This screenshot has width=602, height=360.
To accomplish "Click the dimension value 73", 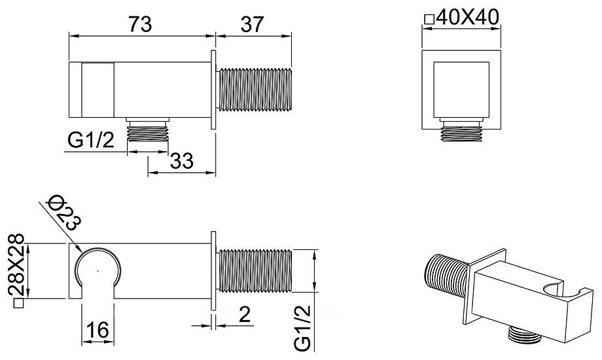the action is coord(140,24).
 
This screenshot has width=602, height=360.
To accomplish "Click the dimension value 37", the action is coord(252,24).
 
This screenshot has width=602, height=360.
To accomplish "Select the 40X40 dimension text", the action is coord(468,17).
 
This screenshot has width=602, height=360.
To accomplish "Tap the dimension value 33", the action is coord(182,160).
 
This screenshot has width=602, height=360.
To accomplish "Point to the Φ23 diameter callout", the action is coord(63,213).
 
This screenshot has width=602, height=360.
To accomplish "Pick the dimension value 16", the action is coord(97,330).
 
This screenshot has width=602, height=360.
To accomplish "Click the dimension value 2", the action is coord(245,315).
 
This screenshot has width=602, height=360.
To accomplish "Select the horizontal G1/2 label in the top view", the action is coord(91,140).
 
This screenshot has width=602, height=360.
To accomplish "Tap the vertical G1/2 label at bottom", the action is coord(302,328).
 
